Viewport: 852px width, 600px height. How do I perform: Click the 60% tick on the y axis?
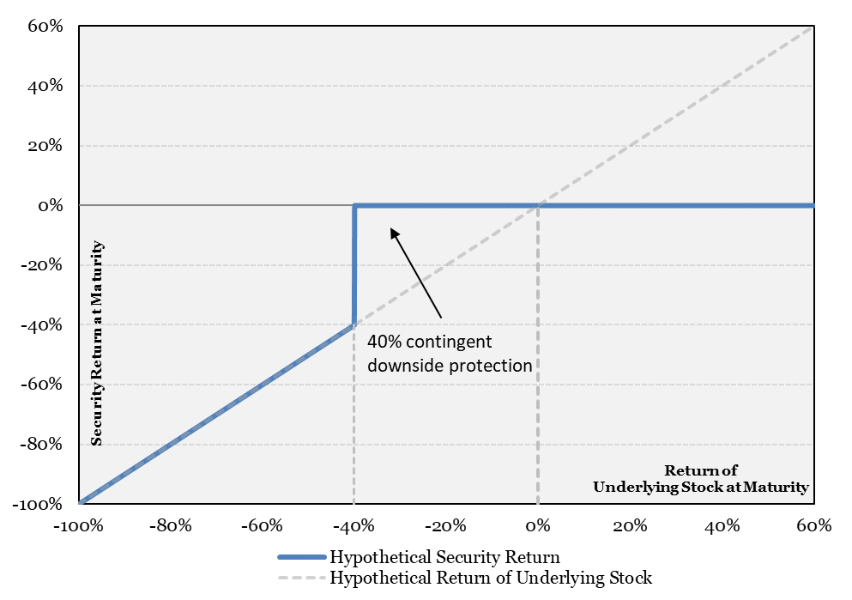[45, 26]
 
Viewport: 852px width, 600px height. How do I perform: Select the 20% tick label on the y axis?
[45, 146]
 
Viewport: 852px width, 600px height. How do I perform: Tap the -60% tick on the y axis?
[41, 385]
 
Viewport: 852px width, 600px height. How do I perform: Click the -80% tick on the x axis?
[171, 525]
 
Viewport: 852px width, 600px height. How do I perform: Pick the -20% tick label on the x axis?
[445, 525]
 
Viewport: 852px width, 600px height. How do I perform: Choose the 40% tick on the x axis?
[722, 525]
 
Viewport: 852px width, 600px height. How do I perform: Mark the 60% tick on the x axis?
[814, 525]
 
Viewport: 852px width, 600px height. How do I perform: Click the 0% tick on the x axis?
[538, 525]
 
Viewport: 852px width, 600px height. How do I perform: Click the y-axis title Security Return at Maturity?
[97, 343]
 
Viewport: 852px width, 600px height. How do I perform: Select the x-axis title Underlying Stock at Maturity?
[701, 487]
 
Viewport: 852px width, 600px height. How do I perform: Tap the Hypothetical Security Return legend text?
[444, 557]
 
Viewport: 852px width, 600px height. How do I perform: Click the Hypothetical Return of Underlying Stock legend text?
[491, 577]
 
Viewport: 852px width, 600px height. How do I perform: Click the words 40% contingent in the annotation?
[429, 342]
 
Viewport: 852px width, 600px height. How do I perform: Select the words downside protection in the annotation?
[450, 365]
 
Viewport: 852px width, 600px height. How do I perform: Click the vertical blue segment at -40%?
[354, 265]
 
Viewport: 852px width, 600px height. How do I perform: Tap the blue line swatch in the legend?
[301, 557]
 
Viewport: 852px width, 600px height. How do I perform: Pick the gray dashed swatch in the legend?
[301, 577]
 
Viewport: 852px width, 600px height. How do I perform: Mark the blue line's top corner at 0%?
[354, 205]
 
